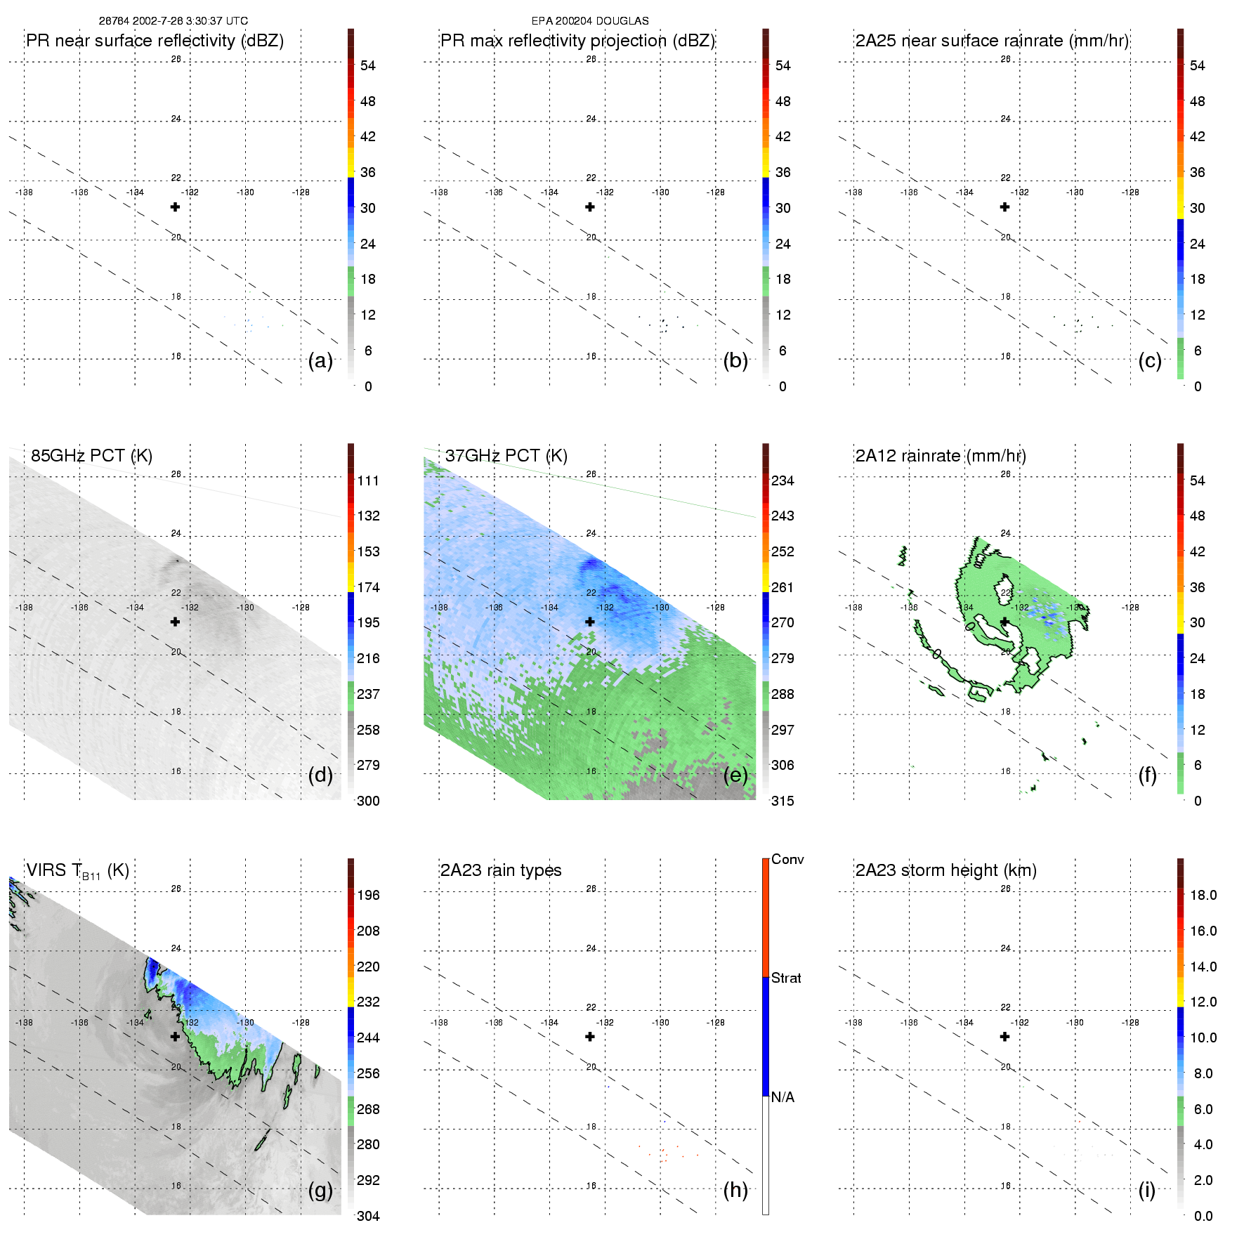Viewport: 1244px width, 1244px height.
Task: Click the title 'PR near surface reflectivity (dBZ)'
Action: click(x=155, y=41)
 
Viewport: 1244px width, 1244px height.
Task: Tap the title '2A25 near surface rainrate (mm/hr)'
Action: click(x=992, y=41)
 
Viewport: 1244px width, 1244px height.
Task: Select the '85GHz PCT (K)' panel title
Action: click(x=91, y=456)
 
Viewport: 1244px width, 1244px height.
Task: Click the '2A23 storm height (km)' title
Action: click(x=945, y=870)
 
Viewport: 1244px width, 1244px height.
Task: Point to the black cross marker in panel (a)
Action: click(x=175, y=207)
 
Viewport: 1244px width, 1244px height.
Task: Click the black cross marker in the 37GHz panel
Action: click(x=590, y=622)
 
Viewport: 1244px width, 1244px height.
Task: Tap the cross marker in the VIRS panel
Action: click(x=175, y=1036)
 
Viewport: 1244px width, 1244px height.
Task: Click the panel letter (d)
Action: click(x=320, y=775)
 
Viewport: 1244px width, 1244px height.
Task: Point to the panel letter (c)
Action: click(x=1149, y=360)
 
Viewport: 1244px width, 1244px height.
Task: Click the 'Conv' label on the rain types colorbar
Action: click(x=787, y=859)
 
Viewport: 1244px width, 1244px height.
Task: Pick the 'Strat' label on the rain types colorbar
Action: click(x=786, y=978)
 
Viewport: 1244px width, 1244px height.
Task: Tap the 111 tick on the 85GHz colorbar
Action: click(x=368, y=480)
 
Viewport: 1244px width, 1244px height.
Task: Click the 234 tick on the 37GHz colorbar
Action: click(x=783, y=480)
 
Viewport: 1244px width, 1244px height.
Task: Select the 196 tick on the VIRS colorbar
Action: click(x=368, y=895)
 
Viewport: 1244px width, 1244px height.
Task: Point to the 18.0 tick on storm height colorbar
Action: click(x=1203, y=895)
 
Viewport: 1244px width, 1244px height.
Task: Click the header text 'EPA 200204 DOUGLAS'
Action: click(x=590, y=21)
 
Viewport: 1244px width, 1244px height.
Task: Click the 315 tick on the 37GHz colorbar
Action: click(x=783, y=801)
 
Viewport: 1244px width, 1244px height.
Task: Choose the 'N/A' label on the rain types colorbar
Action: click(x=783, y=1097)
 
